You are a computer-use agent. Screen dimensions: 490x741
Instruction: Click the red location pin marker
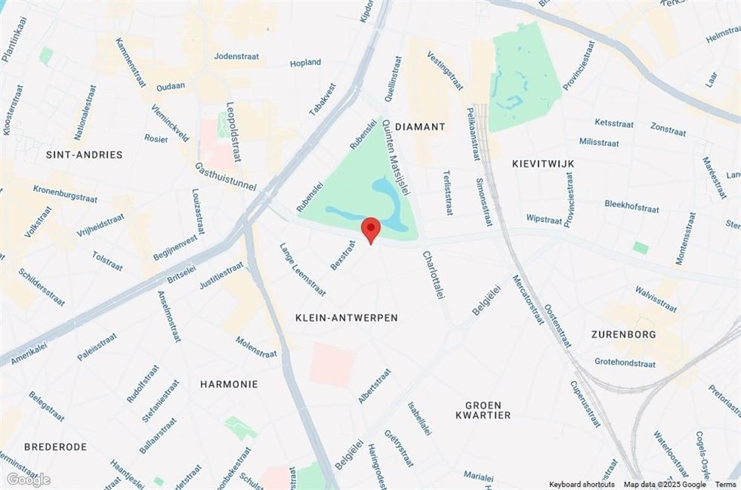tap(370, 229)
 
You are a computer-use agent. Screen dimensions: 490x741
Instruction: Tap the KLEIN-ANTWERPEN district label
tap(346, 318)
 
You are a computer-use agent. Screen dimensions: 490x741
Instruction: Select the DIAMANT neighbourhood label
tap(420, 127)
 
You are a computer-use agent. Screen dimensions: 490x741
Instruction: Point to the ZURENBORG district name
tap(623, 335)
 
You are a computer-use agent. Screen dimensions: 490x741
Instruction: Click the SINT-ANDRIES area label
tap(84, 155)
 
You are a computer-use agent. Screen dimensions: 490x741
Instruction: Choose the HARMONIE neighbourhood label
tap(229, 384)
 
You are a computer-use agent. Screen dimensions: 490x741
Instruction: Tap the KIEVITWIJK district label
tap(543, 162)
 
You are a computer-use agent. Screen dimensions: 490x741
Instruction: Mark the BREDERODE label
tap(56, 447)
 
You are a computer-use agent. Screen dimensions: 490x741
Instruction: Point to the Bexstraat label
tap(344, 254)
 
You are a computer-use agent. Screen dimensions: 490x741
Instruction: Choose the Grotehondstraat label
tap(625, 363)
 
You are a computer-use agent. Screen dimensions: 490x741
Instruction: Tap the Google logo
tap(29, 480)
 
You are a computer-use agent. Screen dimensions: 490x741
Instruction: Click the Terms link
tap(725, 484)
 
